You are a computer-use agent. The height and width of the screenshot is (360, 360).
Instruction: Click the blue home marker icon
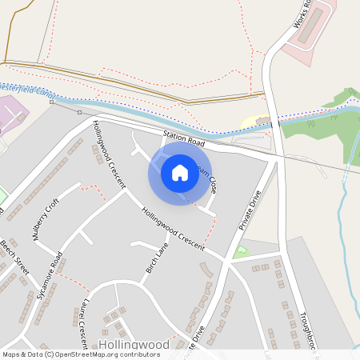180,172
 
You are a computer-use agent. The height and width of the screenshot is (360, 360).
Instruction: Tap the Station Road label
182,138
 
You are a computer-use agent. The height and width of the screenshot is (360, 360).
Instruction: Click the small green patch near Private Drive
241,251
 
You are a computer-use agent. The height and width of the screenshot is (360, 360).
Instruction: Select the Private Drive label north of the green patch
250,211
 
